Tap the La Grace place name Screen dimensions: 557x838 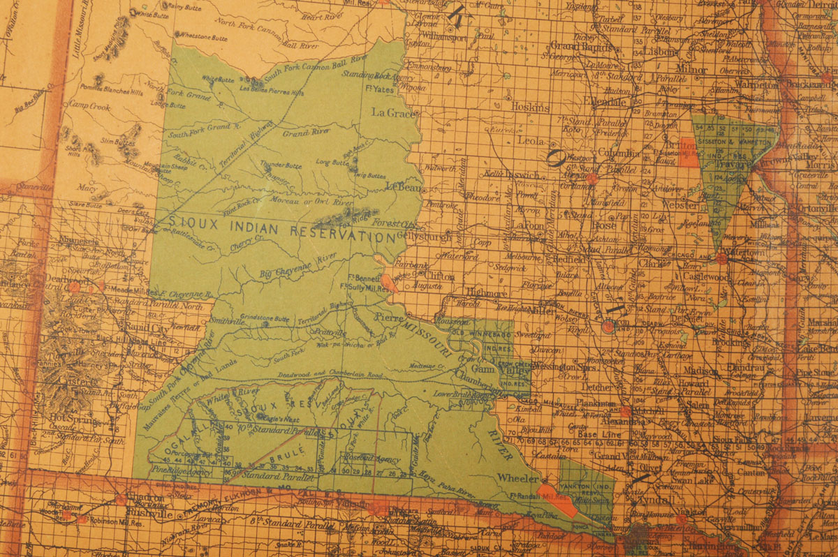pos(392,112)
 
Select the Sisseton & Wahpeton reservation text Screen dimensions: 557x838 pos(733,141)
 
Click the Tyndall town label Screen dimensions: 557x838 pos(651,501)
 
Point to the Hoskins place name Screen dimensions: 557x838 pos(530,107)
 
